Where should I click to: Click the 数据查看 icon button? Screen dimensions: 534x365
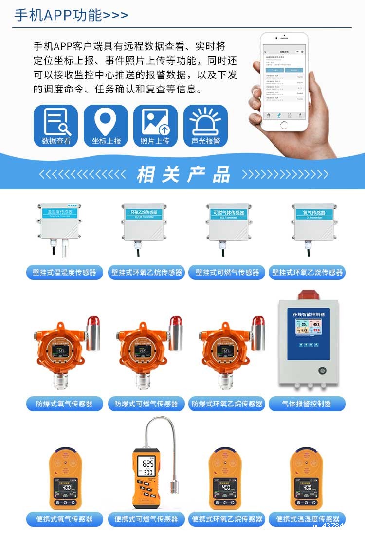point(55,126)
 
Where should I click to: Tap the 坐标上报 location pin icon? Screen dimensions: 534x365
point(106,126)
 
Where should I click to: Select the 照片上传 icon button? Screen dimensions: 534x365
point(155,126)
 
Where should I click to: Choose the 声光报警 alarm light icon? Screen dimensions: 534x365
point(205,126)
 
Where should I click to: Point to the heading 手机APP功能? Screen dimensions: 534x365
point(71,15)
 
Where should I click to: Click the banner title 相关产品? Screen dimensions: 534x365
point(183,174)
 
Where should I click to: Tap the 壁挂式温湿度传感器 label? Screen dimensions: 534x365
point(65,273)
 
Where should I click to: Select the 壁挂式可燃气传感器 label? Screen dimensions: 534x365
point(227,273)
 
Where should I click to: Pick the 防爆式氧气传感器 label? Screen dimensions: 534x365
point(65,404)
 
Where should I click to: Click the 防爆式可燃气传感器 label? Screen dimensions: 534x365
point(146,404)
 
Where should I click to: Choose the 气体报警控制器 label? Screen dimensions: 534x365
point(307,404)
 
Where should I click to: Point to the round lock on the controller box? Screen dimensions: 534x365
point(322,370)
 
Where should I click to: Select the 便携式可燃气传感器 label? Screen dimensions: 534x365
point(146,519)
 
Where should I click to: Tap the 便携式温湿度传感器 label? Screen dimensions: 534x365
point(308,519)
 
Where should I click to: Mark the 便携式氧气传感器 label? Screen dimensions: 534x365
point(65,519)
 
